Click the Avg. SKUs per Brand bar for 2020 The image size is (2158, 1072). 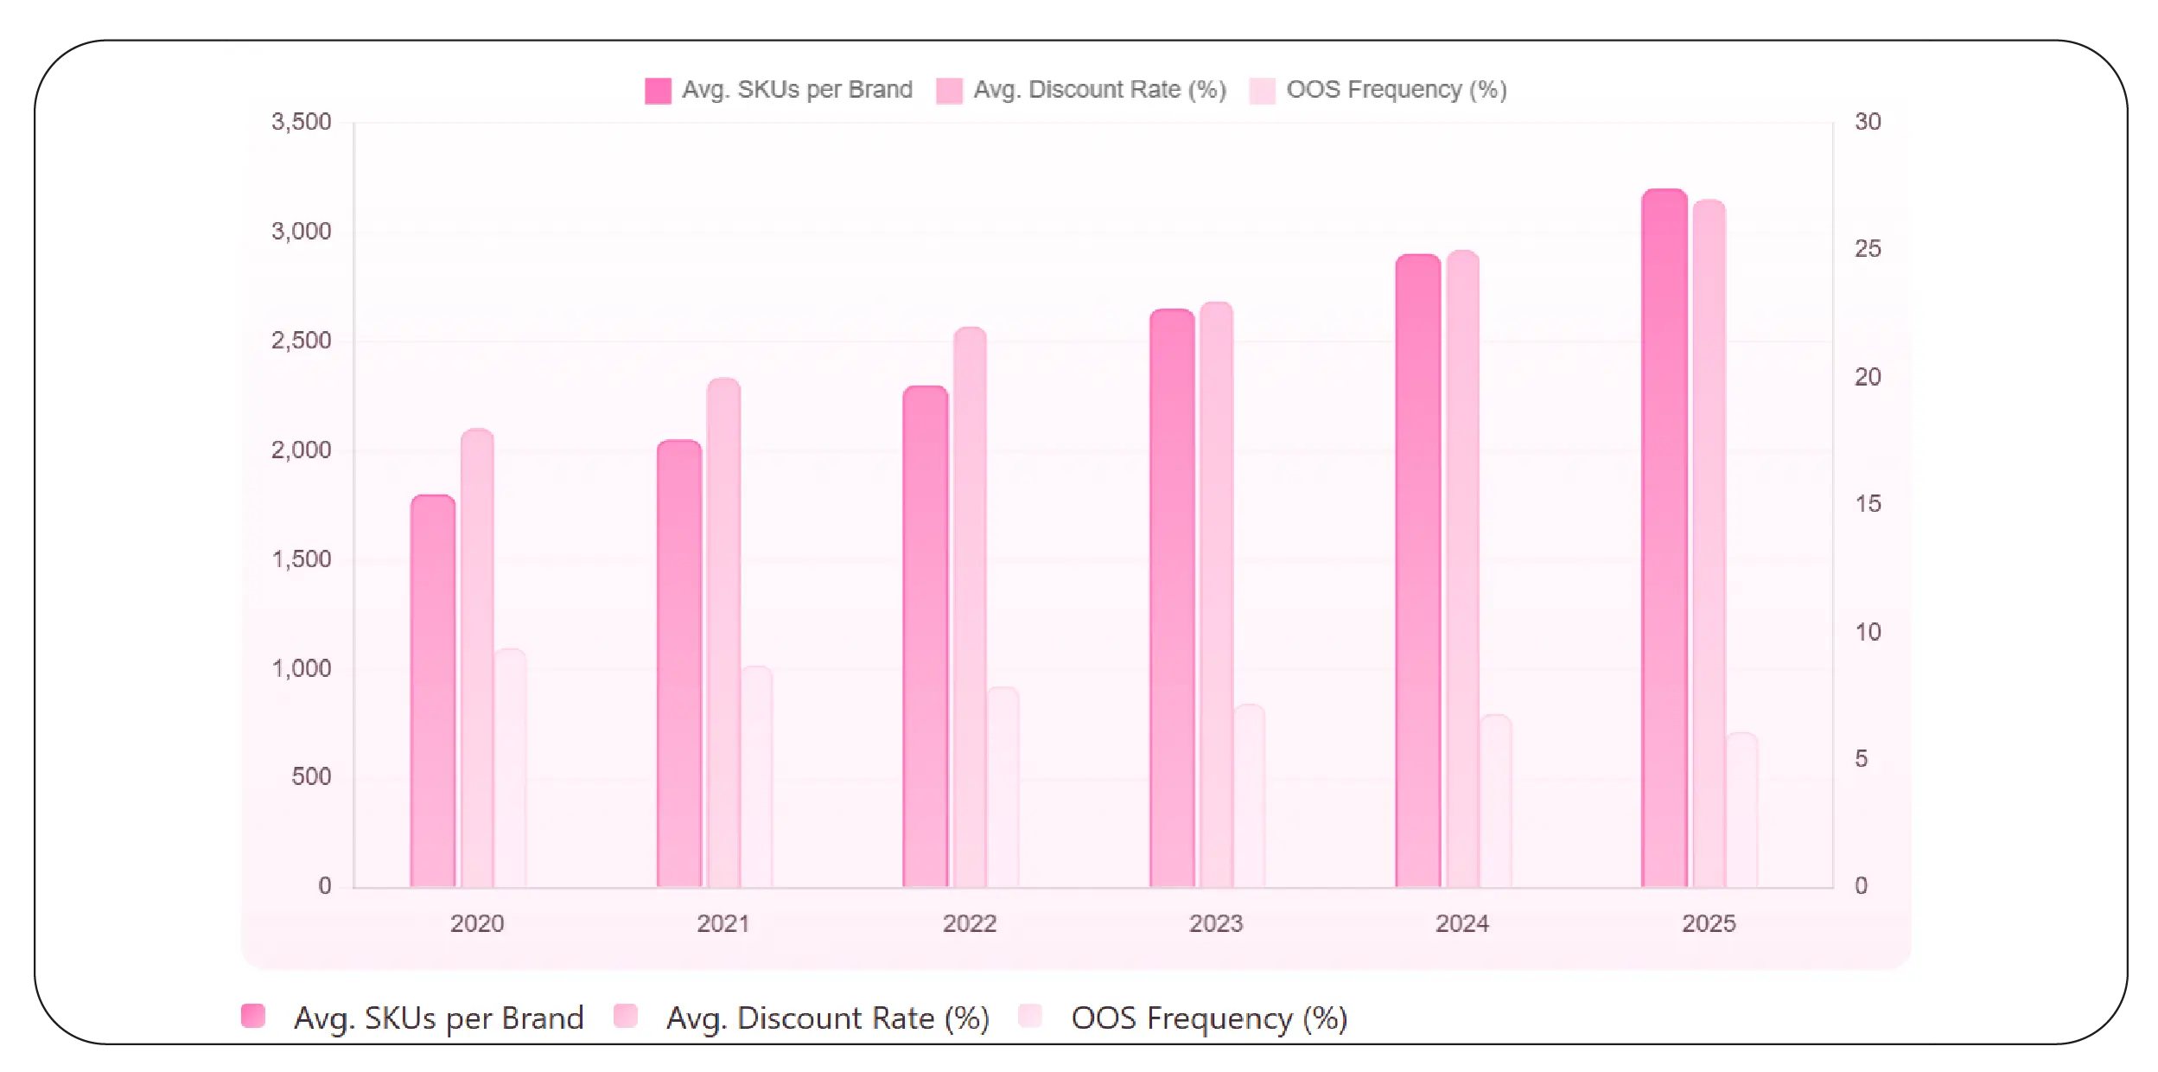(433, 692)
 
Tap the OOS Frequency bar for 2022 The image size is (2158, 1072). (1003, 787)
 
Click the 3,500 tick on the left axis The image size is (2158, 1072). (301, 122)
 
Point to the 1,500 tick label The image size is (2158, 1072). (301, 559)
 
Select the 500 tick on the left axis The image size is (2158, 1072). (311, 776)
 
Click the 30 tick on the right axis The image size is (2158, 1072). (1868, 122)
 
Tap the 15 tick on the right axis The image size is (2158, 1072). (1868, 504)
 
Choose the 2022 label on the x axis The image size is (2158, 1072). (970, 923)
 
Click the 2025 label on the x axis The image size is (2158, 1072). (1709, 923)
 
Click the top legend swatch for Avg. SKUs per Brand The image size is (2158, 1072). (658, 91)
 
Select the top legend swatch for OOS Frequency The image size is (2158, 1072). (1262, 91)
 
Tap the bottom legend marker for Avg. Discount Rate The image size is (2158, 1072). (626, 1016)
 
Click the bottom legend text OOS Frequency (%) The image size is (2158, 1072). (1209, 1018)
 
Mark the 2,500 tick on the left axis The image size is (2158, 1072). (301, 341)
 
